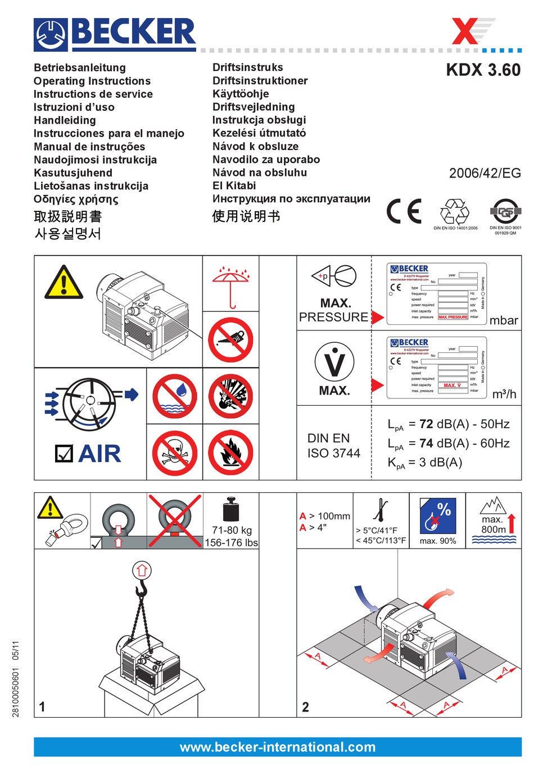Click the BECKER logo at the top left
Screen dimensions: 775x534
(x=115, y=34)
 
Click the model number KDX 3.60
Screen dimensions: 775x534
(x=483, y=70)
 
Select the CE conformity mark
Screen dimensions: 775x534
(x=404, y=211)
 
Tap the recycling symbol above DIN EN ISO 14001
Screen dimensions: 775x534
(x=454, y=212)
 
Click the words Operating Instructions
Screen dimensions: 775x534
(x=92, y=81)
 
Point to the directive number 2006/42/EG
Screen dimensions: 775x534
(x=485, y=173)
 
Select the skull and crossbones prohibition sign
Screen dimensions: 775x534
(x=174, y=452)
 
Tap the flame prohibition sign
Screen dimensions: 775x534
(x=230, y=452)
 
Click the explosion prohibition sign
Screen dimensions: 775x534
(x=230, y=396)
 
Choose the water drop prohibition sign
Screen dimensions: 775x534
(x=174, y=396)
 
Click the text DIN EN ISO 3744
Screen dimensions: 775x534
(x=333, y=446)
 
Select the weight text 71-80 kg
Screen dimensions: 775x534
(x=232, y=530)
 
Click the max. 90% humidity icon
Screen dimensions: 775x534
(x=437, y=519)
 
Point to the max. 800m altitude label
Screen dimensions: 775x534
(x=494, y=524)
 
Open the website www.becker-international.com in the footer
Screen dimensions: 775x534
(x=278, y=747)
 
